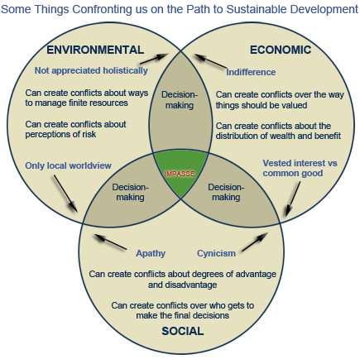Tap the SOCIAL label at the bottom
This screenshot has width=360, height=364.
183,331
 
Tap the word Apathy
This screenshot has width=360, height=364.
151,252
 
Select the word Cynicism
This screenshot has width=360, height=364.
217,252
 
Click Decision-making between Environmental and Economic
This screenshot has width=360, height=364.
180,99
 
